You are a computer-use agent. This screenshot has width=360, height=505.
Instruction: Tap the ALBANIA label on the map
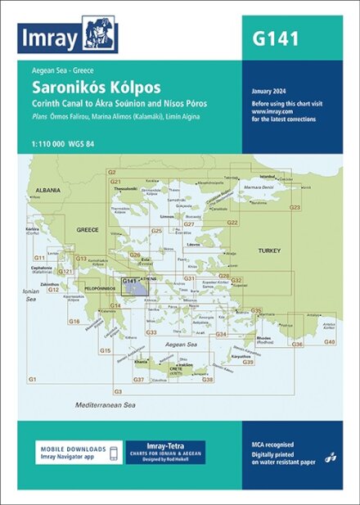[48, 190]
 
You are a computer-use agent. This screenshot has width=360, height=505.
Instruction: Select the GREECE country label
[88, 230]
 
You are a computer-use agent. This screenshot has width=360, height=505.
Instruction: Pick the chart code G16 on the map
[74, 321]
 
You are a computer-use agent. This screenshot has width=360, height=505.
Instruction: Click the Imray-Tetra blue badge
[165, 453]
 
